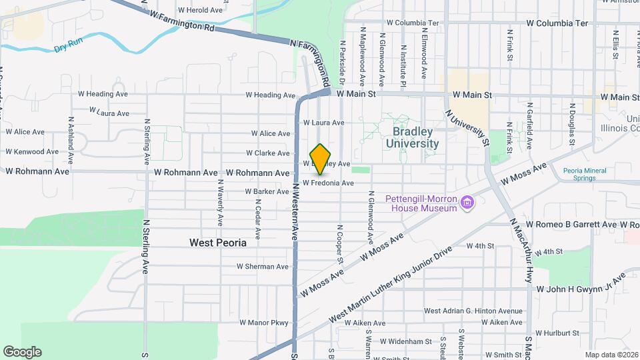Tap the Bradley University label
(412, 138)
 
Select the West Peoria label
(218, 243)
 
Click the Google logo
(22, 352)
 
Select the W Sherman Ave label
(263, 266)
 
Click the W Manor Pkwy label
(265, 323)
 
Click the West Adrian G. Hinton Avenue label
(473, 311)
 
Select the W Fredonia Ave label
(328, 183)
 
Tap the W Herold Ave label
(200, 10)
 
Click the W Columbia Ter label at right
(557, 23)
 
